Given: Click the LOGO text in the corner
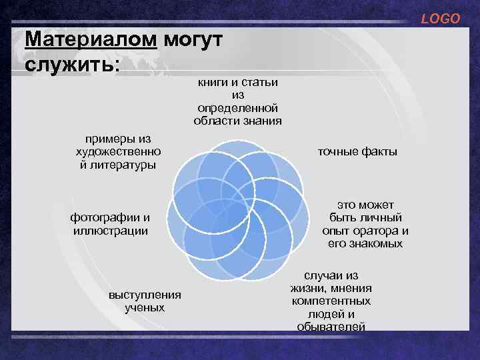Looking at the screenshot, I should [x=440, y=19].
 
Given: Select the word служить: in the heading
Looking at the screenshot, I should [x=72, y=65].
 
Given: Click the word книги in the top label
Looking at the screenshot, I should [x=214, y=82].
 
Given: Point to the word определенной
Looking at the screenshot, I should [x=237, y=108].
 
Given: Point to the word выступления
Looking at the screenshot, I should [x=144, y=295].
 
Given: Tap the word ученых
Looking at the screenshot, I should [x=144, y=308].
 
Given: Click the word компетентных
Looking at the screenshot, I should [x=331, y=301].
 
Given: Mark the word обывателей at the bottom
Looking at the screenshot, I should [x=331, y=326].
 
